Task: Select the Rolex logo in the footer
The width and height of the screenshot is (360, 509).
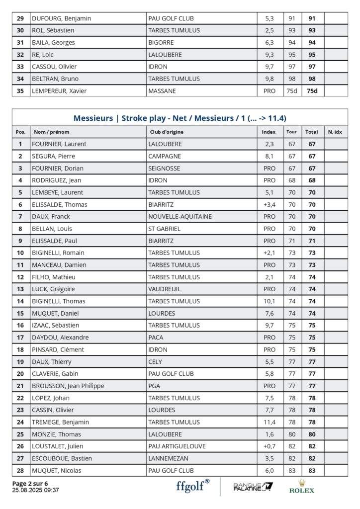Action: (x=301, y=487)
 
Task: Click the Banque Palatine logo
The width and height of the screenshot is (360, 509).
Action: (x=253, y=487)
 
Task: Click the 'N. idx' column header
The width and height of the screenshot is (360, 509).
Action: (x=335, y=132)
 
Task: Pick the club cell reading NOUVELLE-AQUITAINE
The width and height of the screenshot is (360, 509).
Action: (x=180, y=216)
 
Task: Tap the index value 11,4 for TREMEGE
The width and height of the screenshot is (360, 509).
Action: (x=269, y=422)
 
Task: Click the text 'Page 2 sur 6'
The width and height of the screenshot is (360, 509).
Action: (x=30, y=483)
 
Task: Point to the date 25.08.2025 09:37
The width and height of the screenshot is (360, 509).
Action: (x=35, y=490)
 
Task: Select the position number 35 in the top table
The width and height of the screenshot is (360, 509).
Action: (x=20, y=91)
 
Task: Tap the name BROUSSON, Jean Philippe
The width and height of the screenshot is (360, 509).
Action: (x=68, y=386)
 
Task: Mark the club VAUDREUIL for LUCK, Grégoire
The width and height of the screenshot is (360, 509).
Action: (x=164, y=289)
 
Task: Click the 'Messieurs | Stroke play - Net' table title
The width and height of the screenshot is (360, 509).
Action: (x=180, y=118)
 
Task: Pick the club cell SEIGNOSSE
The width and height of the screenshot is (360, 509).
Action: (x=164, y=168)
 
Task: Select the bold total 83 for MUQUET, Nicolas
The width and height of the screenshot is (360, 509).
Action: (x=312, y=470)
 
